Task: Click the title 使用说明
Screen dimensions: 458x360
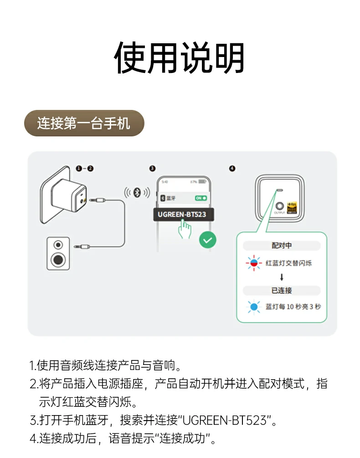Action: pos(180,58)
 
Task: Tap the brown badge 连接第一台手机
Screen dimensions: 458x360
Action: pos(84,123)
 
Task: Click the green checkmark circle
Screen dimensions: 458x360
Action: pos(207,239)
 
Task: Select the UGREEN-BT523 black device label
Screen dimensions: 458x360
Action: pos(183,214)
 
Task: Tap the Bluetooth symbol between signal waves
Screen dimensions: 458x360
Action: pos(136,193)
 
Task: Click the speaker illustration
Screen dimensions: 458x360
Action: pos(58,253)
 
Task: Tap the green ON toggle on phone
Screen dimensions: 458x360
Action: pos(201,198)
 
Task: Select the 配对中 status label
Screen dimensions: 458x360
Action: pos(282,245)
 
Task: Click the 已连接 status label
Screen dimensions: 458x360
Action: pos(282,291)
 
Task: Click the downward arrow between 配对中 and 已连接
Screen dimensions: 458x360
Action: pos(282,277)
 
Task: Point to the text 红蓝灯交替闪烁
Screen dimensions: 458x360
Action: pos(289,263)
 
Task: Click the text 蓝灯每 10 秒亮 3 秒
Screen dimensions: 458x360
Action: pos(293,307)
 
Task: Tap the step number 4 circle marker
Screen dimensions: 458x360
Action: pos(232,168)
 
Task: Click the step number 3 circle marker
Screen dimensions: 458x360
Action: pos(152,168)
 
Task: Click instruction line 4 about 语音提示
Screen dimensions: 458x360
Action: pos(123,439)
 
